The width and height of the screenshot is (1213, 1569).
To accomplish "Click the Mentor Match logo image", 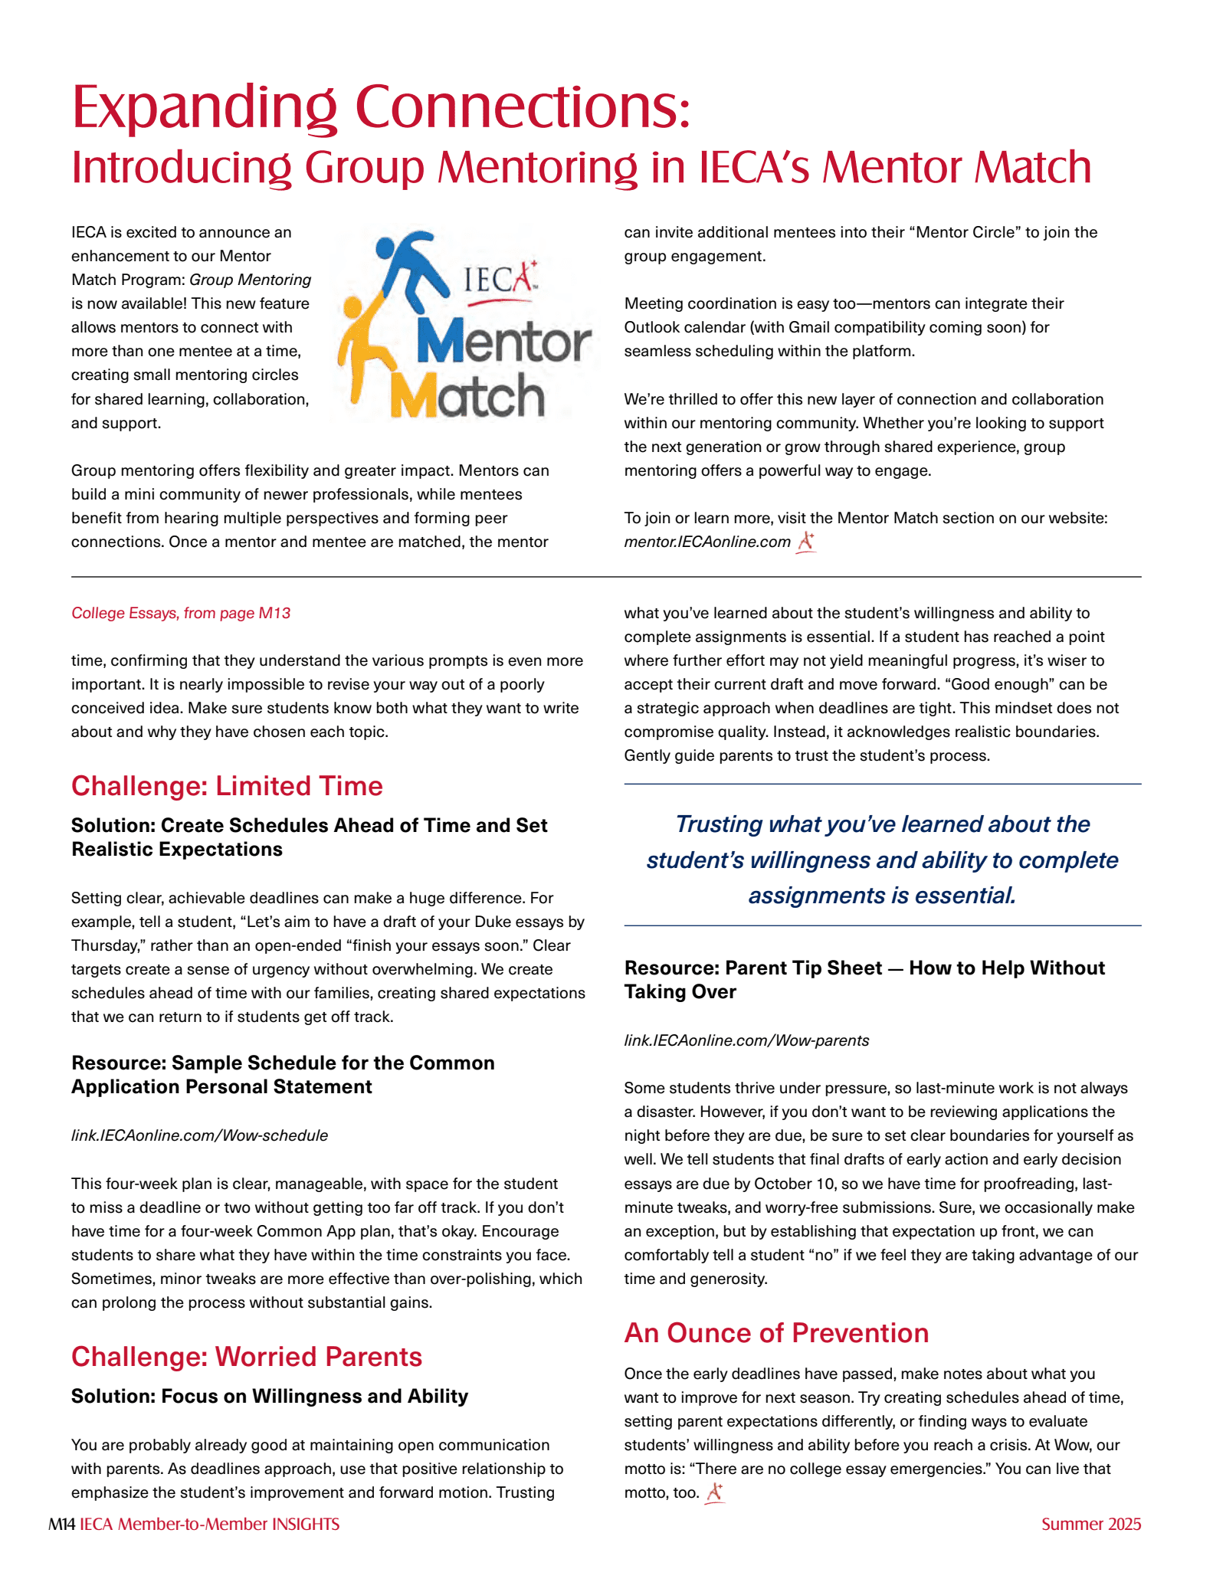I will [465, 326].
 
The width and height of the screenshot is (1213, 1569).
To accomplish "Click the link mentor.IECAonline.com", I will [706, 542].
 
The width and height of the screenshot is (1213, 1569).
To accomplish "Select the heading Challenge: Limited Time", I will [227, 786].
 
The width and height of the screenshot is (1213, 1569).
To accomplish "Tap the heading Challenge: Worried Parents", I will [247, 1357].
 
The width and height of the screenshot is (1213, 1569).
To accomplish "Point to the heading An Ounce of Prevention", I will [776, 1333].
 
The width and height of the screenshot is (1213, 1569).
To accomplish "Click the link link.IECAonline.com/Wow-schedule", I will [199, 1135].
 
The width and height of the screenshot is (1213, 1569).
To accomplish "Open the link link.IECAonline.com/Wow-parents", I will [746, 1040].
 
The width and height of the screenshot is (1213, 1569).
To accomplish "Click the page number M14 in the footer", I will [61, 1525].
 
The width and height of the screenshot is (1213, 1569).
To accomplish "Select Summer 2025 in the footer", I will [1090, 1525].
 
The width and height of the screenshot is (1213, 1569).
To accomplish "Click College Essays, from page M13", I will [181, 613].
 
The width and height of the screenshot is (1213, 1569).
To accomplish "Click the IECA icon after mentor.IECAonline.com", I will [805, 542].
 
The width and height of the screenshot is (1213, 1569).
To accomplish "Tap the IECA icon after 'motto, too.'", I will [715, 1492].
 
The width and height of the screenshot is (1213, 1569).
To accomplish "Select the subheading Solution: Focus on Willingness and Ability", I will [269, 1397].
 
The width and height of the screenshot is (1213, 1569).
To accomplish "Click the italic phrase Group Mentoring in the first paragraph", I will [251, 280].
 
